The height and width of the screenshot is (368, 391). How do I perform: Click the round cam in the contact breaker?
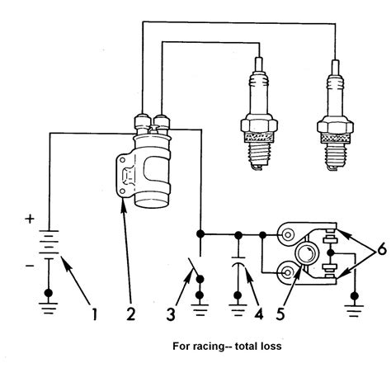(306, 252)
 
